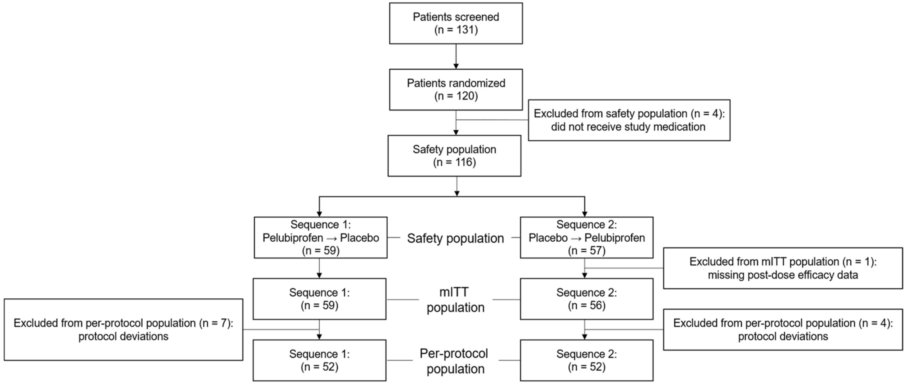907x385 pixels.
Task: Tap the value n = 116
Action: [x=454, y=162]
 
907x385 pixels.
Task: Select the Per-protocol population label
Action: [x=454, y=361]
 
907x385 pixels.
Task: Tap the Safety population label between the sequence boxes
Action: [x=456, y=238]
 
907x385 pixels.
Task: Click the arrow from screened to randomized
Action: [x=456, y=56]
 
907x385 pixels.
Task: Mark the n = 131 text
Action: [x=456, y=30]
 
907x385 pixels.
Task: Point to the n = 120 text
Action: [x=456, y=96]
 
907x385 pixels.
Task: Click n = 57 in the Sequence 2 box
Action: [x=587, y=251]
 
